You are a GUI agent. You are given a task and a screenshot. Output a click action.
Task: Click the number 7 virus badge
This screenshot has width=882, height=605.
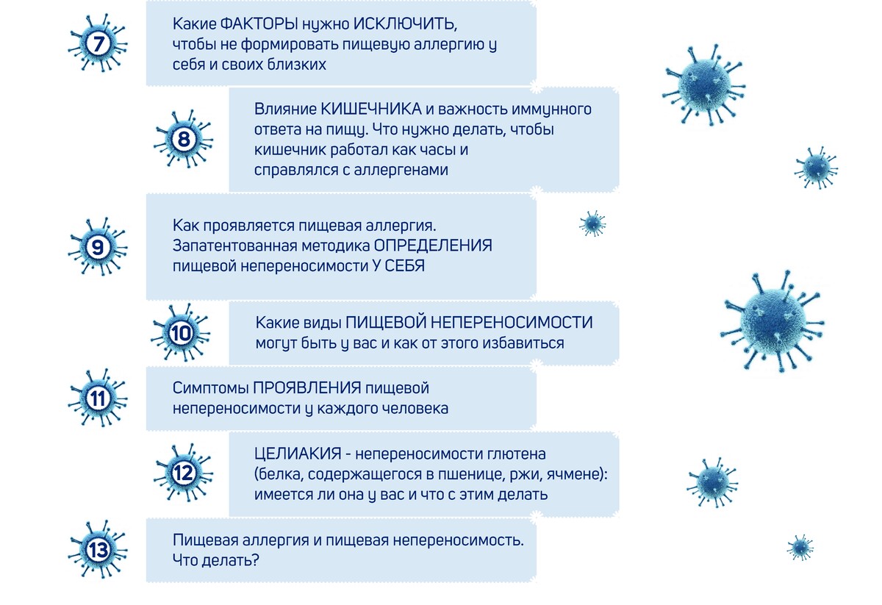(x=98, y=43)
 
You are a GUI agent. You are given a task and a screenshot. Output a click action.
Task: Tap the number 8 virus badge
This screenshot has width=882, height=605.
(x=184, y=139)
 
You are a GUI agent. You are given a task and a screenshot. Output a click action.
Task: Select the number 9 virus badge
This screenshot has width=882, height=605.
(x=98, y=247)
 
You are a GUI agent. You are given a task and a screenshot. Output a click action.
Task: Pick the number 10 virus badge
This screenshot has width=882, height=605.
(x=181, y=333)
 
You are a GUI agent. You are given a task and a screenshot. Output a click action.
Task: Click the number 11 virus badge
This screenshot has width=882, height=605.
(x=98, y=398)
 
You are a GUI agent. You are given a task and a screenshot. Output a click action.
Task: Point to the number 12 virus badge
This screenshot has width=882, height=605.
(x=184, y=473)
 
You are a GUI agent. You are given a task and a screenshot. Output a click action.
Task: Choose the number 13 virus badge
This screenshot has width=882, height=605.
(x=98, y=549)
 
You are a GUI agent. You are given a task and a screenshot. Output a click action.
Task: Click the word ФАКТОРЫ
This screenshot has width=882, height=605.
(x=259, y=24)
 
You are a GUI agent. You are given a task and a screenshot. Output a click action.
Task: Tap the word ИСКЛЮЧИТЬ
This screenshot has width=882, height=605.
(x=405, y=24)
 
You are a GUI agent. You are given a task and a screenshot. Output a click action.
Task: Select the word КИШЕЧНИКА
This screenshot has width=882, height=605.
(x=371, y=109)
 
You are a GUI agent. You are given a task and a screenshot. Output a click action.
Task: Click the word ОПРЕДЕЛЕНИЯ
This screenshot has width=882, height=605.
(x=433, y=246)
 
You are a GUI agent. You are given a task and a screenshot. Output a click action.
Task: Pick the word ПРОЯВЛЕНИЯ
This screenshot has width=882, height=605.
(x=306, y=387)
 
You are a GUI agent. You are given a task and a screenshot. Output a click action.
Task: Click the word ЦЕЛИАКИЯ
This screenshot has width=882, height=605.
(x=298, y=454)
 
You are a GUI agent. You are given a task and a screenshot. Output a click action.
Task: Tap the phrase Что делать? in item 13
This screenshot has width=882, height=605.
(x=216, y=560)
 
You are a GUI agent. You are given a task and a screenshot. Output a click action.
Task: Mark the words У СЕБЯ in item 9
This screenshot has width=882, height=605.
(x=398, y=266)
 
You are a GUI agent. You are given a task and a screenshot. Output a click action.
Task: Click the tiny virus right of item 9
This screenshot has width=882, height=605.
(x=592, y=223)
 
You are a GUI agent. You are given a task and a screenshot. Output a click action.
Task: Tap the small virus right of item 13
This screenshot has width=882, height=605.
(x=800, y=548)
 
